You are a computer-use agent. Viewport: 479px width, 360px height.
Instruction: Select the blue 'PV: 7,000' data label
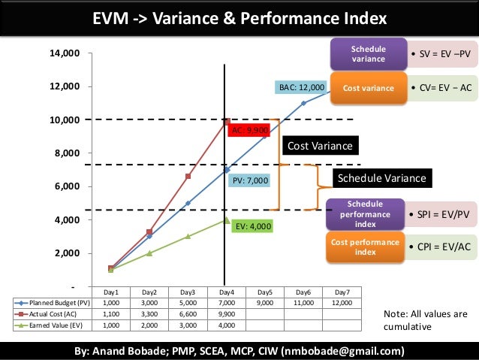click(249, 180)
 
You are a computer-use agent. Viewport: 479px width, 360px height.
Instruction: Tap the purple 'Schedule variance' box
click(368, 54)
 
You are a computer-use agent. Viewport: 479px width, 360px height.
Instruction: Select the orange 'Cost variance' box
click(368, 88)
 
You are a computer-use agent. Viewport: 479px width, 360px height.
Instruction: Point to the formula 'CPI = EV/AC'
click(443, 245)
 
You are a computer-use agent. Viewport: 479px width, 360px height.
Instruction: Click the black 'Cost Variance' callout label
click(320, 145)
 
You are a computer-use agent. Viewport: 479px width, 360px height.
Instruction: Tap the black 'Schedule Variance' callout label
click(382, 178)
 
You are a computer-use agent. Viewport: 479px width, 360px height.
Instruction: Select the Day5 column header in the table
click(264, 292)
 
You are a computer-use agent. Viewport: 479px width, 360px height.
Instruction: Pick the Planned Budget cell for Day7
click(342, 303)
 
